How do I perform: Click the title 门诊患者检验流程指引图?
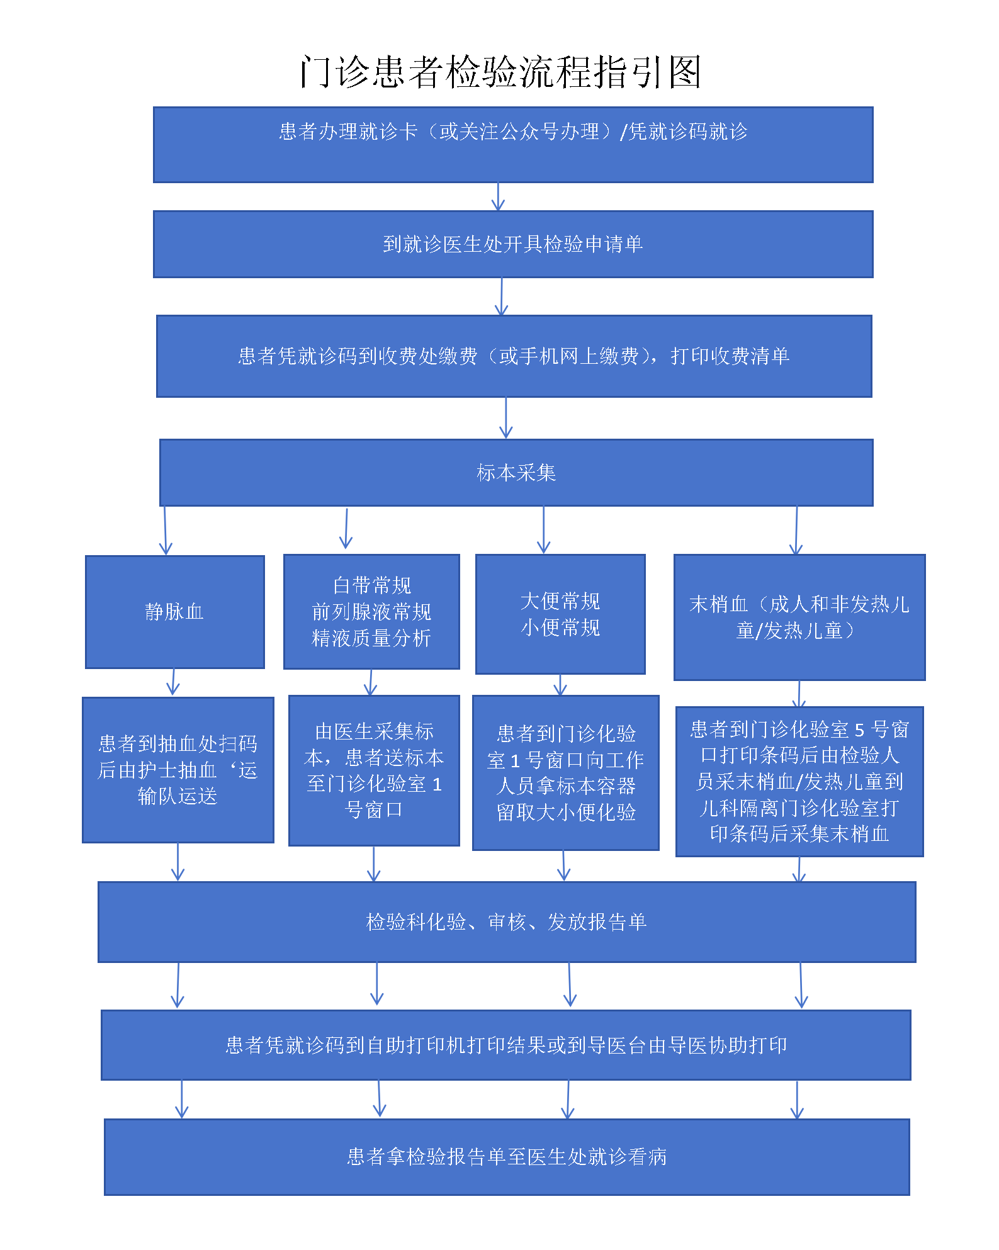coord(500,71)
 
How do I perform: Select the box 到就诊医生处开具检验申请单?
coord(513,244)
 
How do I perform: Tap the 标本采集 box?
coord(516,473)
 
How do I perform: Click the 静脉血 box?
coord(174,612)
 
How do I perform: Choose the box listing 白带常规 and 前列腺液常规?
coord(371,612)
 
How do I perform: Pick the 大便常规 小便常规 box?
coord(560,614)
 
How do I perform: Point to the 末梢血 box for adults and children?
coord(799,617)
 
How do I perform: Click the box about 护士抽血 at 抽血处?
coord(178,770)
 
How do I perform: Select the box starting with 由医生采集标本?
coord(374,770)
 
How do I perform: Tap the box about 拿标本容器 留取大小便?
coord(566,773)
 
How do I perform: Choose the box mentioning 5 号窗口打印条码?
coord(799,782)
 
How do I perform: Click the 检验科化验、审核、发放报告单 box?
coord(507,922)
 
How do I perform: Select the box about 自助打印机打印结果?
coord(506,1045)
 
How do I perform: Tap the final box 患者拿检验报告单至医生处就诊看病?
coord(507,1157)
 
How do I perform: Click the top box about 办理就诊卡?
coord(513,145)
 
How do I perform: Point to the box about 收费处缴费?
coord(514,356)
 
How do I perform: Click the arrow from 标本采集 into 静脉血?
coord(166,531)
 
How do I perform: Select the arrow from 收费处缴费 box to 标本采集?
coord(506,418)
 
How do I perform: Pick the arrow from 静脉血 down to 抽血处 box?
coord(173,682)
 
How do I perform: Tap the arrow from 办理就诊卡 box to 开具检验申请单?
coord(498,197)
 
